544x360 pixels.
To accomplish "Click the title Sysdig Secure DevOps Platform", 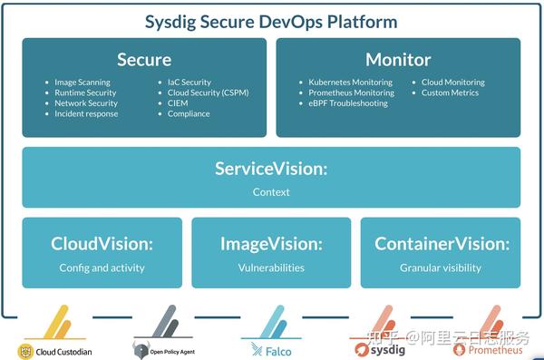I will pyautogui.click(x=271, y=23).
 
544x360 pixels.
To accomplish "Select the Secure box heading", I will pyautogui.click(x=144, y=60).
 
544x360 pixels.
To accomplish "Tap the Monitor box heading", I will pyautogui.click(x=398, y=60).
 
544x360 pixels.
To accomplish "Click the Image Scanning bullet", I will pyautogui.click(x=83, y=83).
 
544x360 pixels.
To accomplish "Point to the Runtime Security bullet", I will pyautogui.click(x=85, y=92).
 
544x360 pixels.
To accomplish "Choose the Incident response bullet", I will pyautogui.click(x=86, y=113).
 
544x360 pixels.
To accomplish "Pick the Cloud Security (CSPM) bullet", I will pyautogui.click(x=208, y=92).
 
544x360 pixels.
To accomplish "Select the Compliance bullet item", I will pyautogui.click(x=189, y=113).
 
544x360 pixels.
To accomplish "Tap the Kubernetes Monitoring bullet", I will pyautogui.click(x=350, y=83).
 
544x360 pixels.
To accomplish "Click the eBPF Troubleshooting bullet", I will pyautogui.click(x=347, y=103).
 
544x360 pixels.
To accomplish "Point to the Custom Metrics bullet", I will pyautogui.click(x=450, y=92).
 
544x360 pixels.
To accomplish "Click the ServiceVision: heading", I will pyautogui.click(x=271, y=169).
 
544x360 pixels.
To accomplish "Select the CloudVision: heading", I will pyautogui.click(x=102, y=244).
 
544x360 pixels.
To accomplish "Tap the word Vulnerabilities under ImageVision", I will pyautogui.click(x=271, y=268).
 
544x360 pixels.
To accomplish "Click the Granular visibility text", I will pyautogui.click(x=441, y=268).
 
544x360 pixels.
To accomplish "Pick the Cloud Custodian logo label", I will pyautogui.click(x=63, y=351).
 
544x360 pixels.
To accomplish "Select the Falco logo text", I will pyautogui.click(x=277, y=351).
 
